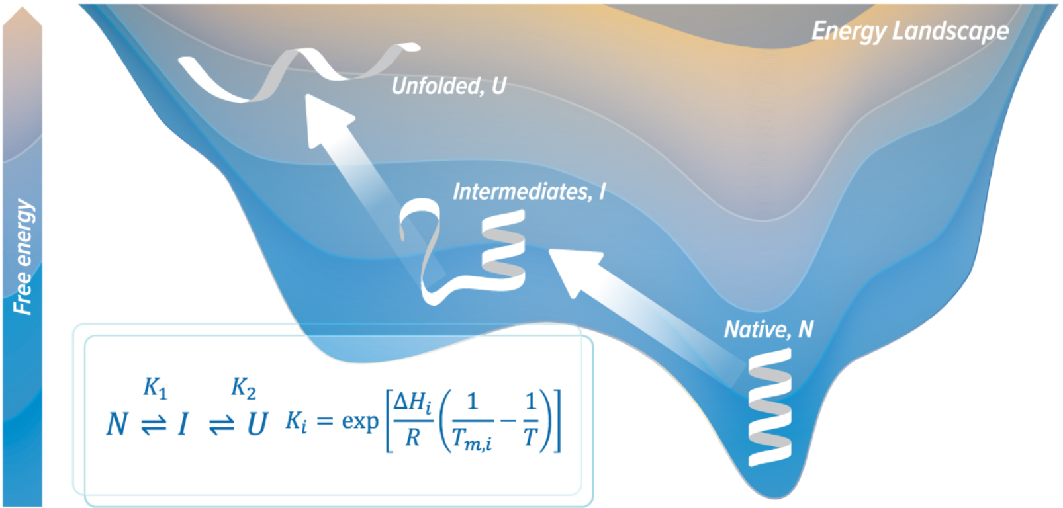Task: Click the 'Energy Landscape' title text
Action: [909, 30]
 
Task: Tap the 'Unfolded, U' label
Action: [448, 86]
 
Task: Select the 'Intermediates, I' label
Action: [528, 192]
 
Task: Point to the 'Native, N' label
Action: [768, 329]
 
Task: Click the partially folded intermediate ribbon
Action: [463, 255]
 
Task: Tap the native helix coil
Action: [769, 407]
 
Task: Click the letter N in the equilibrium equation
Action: [116, 423]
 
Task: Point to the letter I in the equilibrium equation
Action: [183, 423]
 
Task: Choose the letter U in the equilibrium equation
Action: [257, 423]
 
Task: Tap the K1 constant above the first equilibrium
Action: [155, 388]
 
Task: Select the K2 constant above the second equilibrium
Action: [243, 388]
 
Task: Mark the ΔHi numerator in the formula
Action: [412, 402]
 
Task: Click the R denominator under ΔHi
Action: [412, 437]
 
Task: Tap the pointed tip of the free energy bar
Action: [23, 10]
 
